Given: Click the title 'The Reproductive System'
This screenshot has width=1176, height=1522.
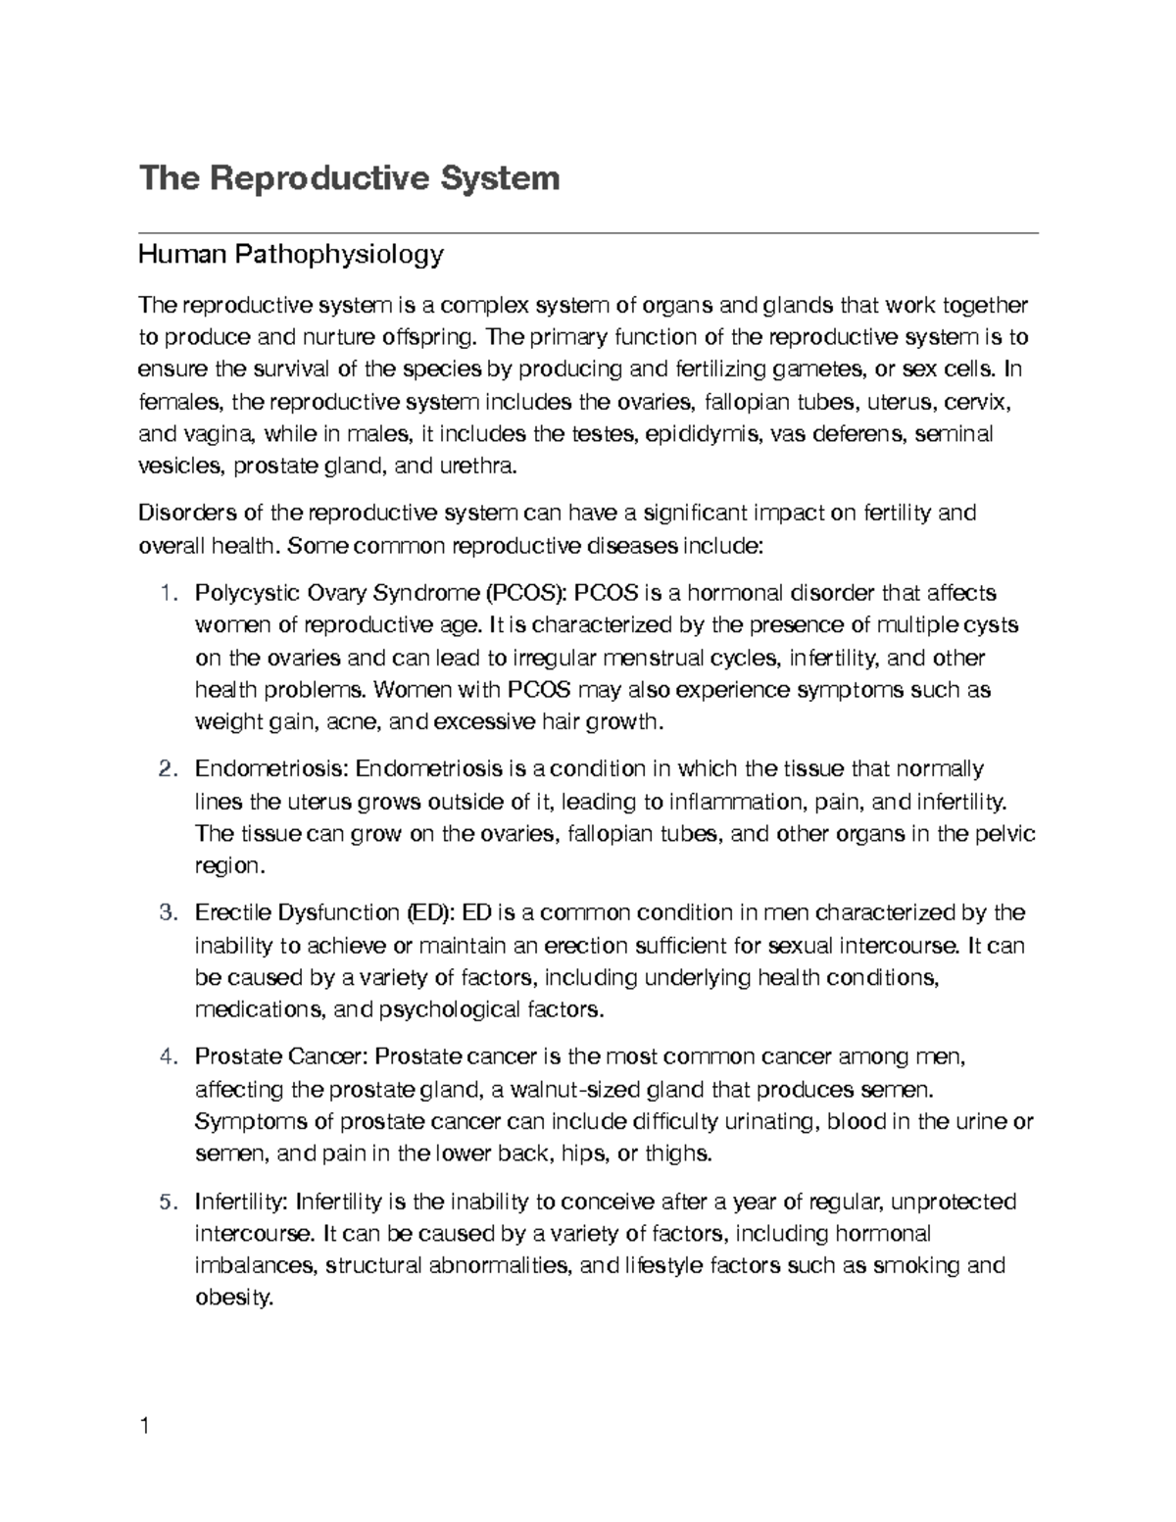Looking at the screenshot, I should click(349, 178).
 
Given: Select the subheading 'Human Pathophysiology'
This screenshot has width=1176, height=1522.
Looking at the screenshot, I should click(291, 256).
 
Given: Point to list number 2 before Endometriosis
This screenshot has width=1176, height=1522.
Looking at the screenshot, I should click(167, 768).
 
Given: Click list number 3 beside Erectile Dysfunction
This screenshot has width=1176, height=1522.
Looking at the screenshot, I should click(167, 913).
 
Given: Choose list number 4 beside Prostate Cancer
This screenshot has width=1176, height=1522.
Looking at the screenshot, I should click(167, 1057).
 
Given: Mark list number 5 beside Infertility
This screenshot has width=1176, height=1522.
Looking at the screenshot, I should click(167, 1202).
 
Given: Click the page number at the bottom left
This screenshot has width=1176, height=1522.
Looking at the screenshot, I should click(145, 1427).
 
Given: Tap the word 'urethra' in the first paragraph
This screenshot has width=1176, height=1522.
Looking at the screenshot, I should click(476, 466).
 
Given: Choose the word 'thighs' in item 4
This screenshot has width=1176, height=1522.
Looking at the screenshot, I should click(678, 1154).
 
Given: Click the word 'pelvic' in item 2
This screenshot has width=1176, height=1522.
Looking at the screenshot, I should click(1004, 834).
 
